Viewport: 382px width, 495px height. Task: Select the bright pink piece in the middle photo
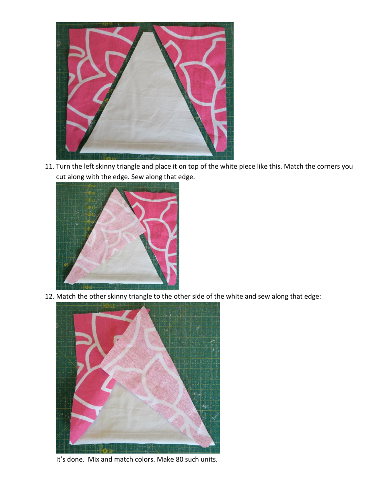pos(159,229)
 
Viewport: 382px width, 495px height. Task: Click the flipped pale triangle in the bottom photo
pos(161,370)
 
